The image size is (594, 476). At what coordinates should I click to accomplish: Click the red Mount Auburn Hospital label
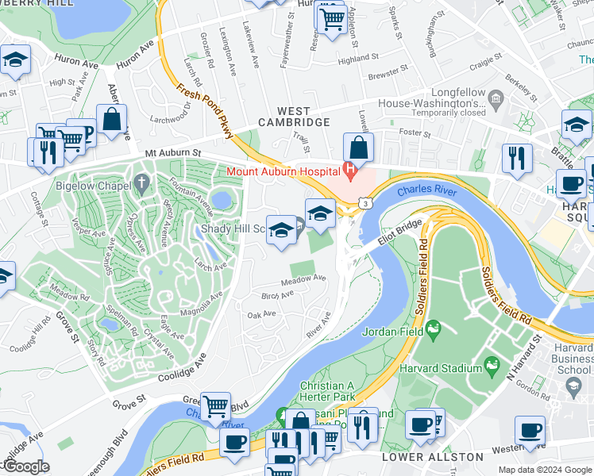282,171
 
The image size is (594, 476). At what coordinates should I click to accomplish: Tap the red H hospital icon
349,169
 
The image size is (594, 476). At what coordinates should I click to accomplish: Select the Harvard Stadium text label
439,368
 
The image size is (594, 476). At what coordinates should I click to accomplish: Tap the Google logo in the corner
25,466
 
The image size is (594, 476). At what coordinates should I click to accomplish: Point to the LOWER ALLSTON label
432,457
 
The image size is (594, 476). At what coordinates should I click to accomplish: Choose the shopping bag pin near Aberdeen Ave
112,121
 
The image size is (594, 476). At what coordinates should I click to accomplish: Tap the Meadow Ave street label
303,279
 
